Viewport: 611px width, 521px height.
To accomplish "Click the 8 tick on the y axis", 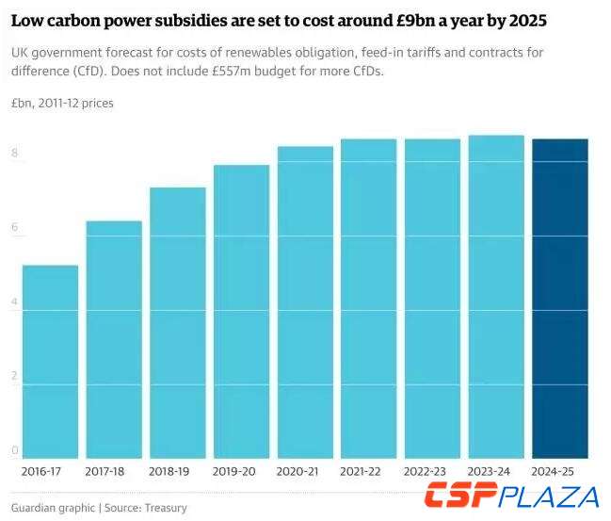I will pyautogui.click(x=15, y=153).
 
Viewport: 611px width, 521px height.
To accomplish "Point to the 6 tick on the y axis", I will pyautogui.click(x=15, y=227).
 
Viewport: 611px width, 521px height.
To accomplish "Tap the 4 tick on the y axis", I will pyautogui.click(x=15, y=301).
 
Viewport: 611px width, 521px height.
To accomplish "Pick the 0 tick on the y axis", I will pyautogui.click(x=15, y=450).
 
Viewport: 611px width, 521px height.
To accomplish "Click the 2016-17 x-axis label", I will pyautogui.click(x=40, y=470).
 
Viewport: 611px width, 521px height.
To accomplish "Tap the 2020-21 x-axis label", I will pyautogui.click(x=297, y=470).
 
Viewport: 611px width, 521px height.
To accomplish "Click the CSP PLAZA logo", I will pyautogui.click(x=511, y=497).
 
